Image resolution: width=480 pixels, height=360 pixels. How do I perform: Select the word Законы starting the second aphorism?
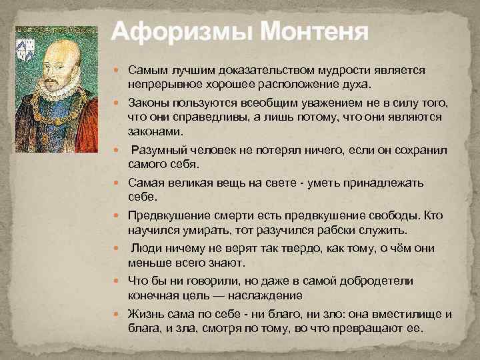click(x=148, y=103)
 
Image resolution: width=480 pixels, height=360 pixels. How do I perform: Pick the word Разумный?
click(x=159, y=150)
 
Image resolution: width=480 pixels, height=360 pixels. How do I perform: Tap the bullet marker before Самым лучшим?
click(x=121, y=70)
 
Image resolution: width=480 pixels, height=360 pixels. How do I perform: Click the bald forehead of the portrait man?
click(x=60, y=48)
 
